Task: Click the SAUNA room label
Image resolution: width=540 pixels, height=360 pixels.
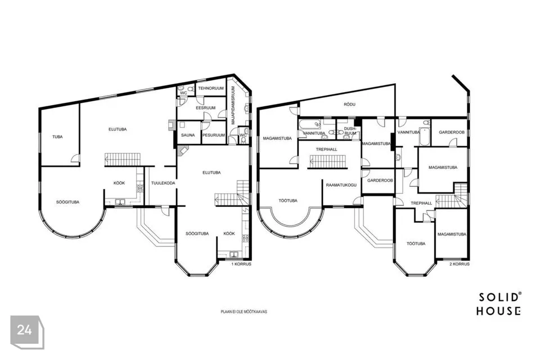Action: pos(188,135)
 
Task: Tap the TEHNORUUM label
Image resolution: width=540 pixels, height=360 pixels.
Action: pos(210,88)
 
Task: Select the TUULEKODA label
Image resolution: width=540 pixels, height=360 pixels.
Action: pos(163,183)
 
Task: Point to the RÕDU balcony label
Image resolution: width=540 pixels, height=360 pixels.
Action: pos(349,105)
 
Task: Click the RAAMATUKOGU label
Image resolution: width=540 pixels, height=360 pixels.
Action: pos(341,185)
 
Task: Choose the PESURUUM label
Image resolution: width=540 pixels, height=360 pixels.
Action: pos(214,135)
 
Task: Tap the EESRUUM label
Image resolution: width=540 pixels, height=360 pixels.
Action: pos(206,107)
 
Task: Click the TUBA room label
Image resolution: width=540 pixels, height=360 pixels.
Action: pos(57,137)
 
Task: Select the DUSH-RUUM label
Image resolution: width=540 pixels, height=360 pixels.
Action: pos(350,131)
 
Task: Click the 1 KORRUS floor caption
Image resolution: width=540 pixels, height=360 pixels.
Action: pos(241,264)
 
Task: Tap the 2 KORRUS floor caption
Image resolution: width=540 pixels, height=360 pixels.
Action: pos(459,264)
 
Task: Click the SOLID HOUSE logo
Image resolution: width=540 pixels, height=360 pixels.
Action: pos(499,304)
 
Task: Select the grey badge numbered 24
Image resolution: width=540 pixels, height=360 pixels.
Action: pos(27,332)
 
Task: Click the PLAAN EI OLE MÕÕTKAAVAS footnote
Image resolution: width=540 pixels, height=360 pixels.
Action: pos(244,312)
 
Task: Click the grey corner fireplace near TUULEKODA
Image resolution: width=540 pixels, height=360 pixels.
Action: pos(182,150)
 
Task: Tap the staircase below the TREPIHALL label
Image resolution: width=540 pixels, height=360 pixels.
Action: pos(327,161)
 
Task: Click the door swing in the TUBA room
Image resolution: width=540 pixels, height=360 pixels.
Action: pos(75,159)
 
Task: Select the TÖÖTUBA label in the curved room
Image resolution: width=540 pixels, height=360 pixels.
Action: pos(288,200)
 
